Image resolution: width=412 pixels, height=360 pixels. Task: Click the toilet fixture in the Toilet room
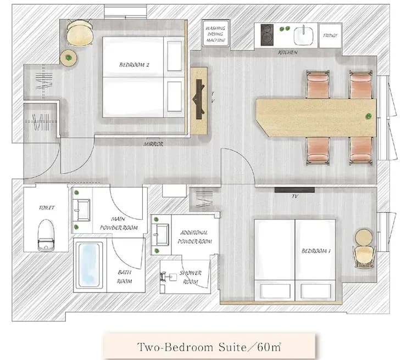46,235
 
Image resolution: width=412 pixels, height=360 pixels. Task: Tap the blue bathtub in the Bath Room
90,266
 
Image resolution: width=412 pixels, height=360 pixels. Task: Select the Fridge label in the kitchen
330,36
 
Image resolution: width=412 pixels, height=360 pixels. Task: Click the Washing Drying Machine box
216,33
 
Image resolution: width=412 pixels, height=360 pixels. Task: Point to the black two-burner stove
267,35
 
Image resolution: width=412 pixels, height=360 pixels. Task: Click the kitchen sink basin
303,36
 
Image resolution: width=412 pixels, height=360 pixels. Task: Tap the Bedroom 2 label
134,65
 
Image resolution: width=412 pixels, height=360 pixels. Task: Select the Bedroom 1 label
316,251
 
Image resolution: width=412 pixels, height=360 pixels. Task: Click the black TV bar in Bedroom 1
294,190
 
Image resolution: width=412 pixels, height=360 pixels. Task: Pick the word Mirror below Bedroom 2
153,144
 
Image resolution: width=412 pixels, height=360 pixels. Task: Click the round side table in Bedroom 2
69,58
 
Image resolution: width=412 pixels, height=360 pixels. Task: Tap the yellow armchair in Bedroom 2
80,33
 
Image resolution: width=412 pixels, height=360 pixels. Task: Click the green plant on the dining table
369,116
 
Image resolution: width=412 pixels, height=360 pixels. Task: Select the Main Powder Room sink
82,210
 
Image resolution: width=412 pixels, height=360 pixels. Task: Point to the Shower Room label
191,277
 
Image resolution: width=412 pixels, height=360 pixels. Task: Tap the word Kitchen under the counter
288,53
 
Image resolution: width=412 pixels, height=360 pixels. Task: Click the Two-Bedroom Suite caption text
209,347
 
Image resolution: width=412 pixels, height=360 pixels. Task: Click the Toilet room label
47,207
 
